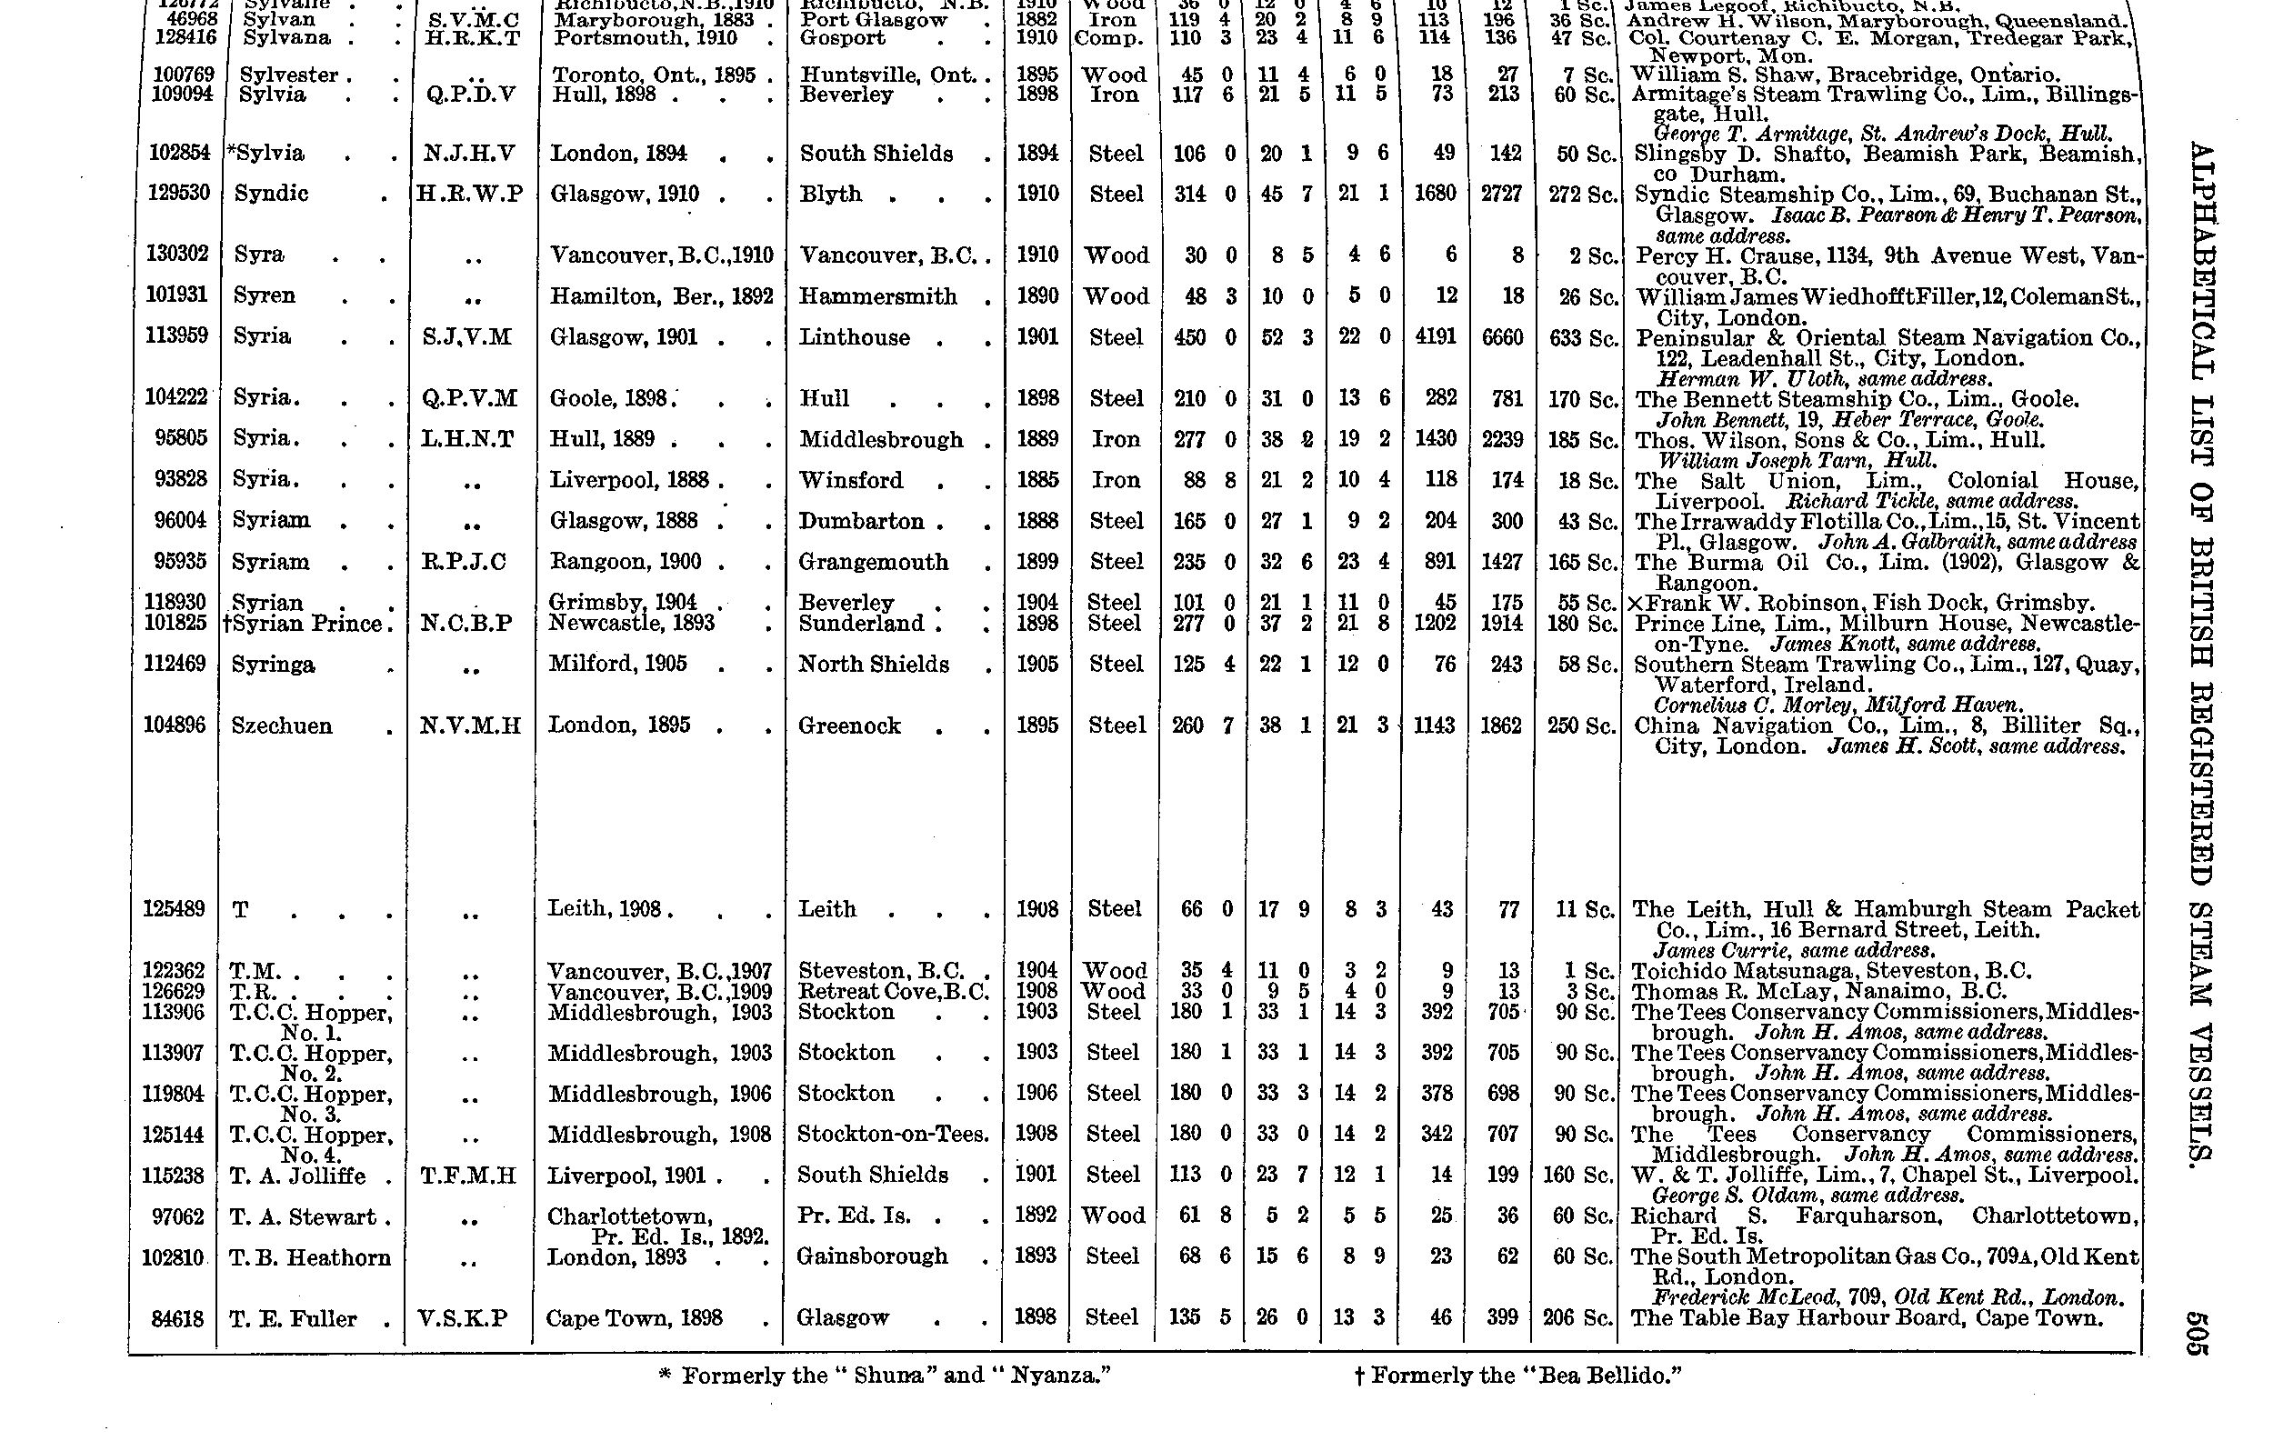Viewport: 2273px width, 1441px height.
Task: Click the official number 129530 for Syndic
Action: click(178, 194)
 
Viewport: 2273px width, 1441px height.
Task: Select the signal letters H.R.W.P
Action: click(470, 195)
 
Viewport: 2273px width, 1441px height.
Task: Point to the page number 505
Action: click(2199, 1333)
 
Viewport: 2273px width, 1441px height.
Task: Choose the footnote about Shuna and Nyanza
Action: click(884, 1375)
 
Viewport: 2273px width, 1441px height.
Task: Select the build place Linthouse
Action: click(855, 338)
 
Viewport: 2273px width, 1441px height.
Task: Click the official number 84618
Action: click(177, 1318)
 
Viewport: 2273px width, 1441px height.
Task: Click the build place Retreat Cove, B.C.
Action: click(892, 992)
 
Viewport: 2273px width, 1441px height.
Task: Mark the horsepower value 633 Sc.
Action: click(1583, 338)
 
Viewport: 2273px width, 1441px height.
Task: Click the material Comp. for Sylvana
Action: click(1109, 39)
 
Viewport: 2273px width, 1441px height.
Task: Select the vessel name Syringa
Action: click(273, 665)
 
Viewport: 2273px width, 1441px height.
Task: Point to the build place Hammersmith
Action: click(878, 296)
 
